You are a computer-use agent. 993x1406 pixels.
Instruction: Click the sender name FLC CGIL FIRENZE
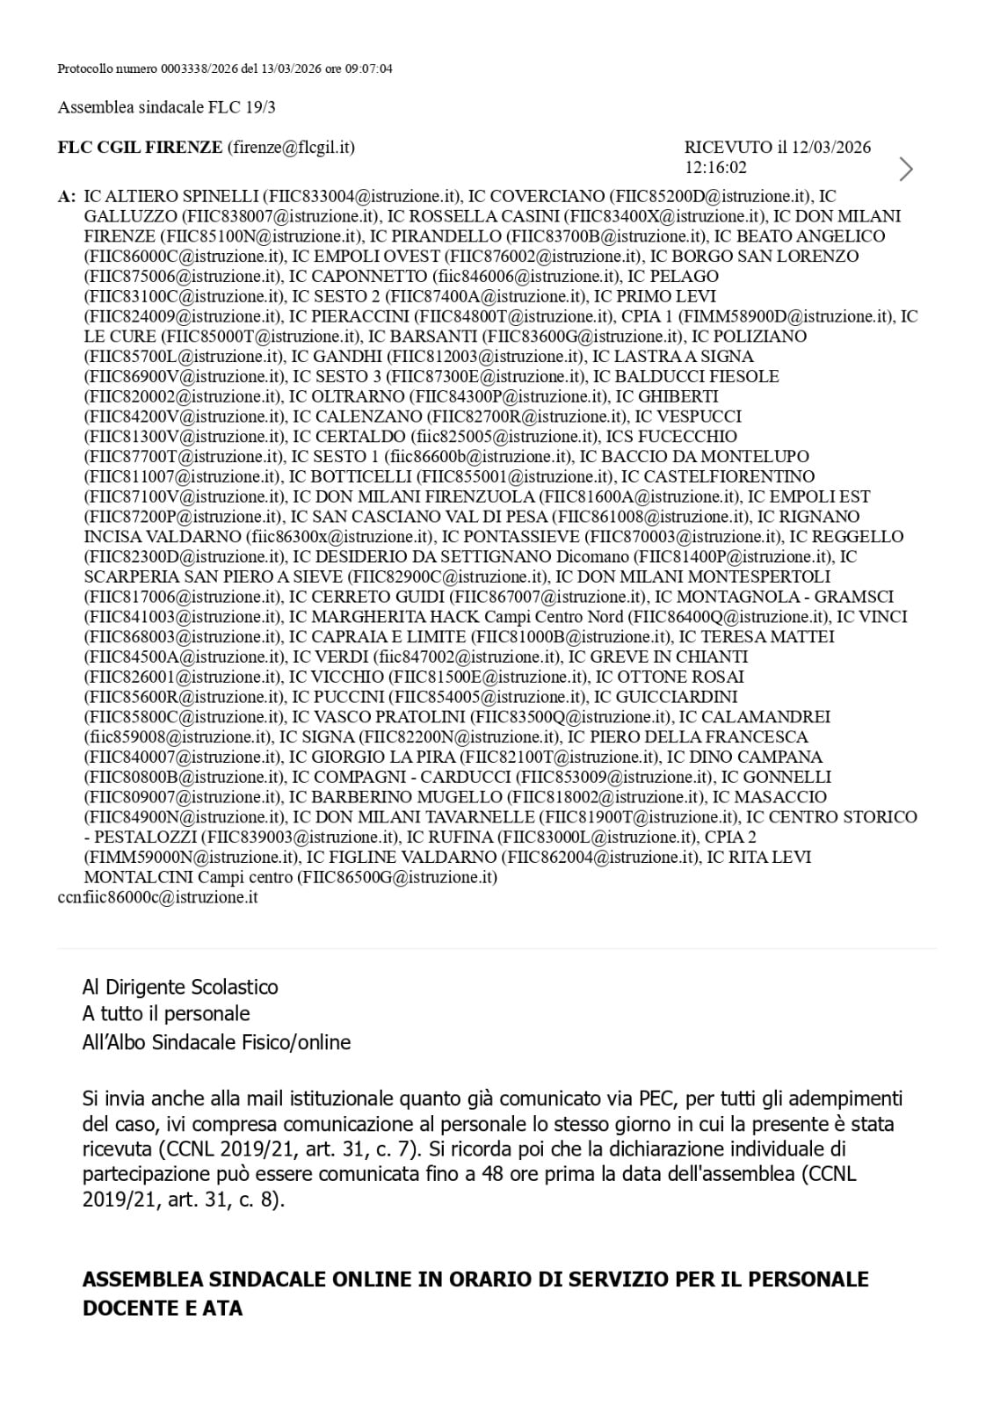tap(140, 147)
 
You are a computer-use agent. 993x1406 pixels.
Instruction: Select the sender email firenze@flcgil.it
tap(291, 147)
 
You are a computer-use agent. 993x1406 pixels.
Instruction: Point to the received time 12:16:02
tap(715, 167)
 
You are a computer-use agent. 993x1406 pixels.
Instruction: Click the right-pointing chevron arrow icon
tap(906, 168)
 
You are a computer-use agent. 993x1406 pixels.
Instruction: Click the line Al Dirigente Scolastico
tap(180, 987)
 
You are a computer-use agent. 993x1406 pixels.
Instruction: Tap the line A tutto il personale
tap(166, 1014)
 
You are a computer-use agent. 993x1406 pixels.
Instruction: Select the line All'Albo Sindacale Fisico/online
tap(216, 1042)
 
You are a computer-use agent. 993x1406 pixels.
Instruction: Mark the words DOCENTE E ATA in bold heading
tap(163, 1308)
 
